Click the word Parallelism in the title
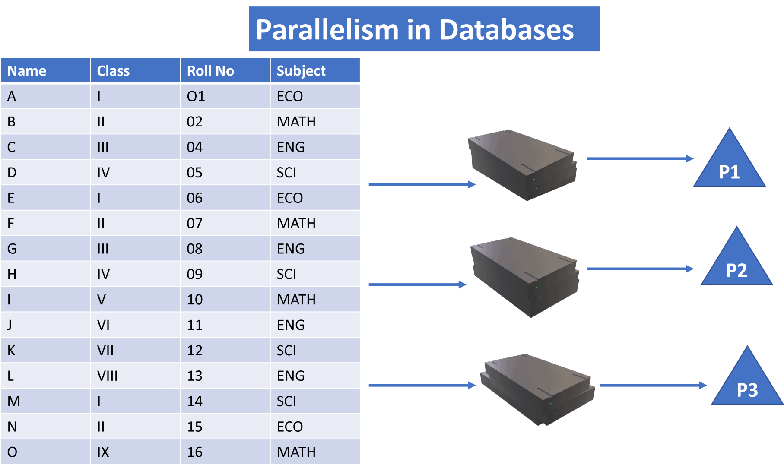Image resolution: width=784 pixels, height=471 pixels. click(327, 30)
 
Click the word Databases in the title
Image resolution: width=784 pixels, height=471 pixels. click(506, 30)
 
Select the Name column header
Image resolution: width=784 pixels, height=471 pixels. click(27, 70)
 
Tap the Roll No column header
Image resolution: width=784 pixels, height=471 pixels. click(210, 70)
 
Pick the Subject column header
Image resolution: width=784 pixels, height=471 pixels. click(301, 70)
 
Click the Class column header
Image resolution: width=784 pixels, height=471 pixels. click(113, 70)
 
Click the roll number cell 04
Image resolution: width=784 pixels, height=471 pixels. click(194, 147)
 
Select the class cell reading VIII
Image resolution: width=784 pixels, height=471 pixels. click(107, 376)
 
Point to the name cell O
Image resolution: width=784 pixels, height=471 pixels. click(12, 452)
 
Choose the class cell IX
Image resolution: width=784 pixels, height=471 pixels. click(103, 452)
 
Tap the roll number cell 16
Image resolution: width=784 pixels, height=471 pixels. click(194, 452)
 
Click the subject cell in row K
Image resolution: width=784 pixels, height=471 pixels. click(286, 350)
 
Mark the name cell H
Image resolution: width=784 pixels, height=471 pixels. click(12, 274)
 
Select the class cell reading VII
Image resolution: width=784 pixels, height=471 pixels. click(105, 350)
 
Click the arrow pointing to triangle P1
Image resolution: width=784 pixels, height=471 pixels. click(639, 159)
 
